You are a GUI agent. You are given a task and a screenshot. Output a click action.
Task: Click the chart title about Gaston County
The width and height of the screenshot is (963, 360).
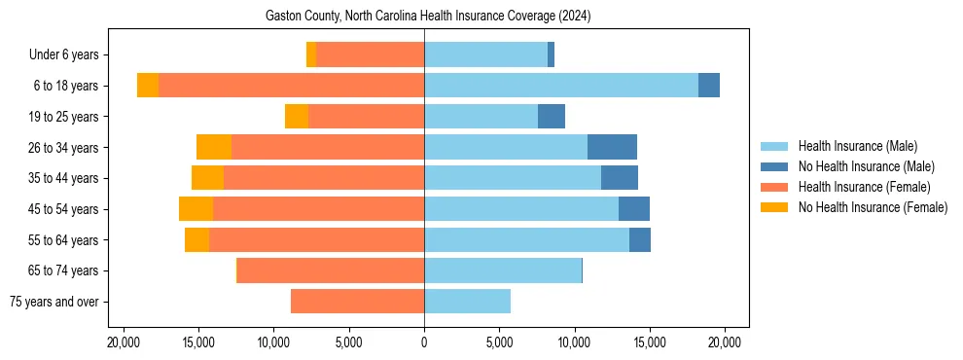pos(428,17)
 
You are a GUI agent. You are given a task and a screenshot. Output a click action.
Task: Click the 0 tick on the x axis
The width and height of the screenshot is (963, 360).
pos(424,342)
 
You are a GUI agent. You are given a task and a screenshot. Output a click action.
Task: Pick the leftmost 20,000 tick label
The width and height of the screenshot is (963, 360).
pos(123,342)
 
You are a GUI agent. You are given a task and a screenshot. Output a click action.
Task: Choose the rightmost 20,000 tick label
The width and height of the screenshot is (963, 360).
pos(725,342)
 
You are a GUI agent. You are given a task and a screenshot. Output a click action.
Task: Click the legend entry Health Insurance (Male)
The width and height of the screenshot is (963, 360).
pos(857,146)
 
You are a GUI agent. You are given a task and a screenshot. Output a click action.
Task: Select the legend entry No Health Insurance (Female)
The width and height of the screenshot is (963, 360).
pos(873,207)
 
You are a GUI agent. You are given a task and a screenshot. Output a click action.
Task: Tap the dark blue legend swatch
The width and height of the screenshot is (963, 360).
pos(775,166)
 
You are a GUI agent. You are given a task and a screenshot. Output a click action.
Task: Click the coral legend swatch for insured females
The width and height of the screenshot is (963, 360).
pos(775,187)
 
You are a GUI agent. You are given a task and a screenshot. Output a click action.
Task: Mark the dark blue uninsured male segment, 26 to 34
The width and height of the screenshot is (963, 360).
pos(612,147)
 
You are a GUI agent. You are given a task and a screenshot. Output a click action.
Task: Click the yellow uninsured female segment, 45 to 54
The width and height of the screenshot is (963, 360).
pos(196,209)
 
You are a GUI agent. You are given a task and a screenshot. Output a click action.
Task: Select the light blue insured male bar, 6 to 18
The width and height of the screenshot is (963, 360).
pos(561,86)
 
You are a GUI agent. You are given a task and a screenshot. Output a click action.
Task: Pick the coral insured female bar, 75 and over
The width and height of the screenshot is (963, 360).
pos(357,302)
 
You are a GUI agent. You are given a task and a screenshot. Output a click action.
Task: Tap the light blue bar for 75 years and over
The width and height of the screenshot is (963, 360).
pos(467,302)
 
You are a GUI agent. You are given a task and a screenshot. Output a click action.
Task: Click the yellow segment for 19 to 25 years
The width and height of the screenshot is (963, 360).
pos(297,117)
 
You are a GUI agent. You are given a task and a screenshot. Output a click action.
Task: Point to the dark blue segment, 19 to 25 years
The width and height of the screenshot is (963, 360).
pos(552,117)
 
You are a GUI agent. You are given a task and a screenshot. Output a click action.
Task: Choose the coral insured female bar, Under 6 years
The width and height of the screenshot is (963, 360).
pos(370,54)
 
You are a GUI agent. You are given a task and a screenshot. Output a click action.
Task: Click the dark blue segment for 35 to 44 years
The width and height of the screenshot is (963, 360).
pos(620,178)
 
